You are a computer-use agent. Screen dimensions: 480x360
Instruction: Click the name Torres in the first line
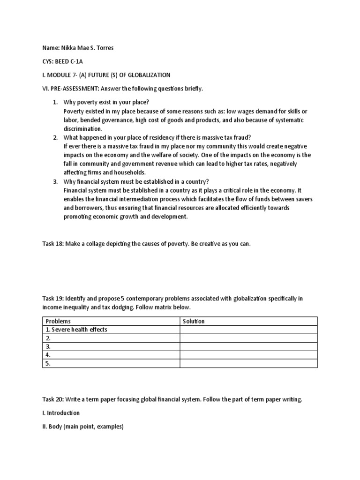[x=104, y=48]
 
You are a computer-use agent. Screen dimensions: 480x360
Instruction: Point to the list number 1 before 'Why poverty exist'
[x=54, y=102]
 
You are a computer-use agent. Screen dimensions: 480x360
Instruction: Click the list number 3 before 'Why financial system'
[x=54, y=181]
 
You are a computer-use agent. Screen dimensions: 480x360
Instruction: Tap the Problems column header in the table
[x=58, y=321]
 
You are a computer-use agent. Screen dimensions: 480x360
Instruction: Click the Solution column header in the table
[x=194, y=321]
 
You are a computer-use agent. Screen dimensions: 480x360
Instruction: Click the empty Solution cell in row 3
[x=248, y=346]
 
